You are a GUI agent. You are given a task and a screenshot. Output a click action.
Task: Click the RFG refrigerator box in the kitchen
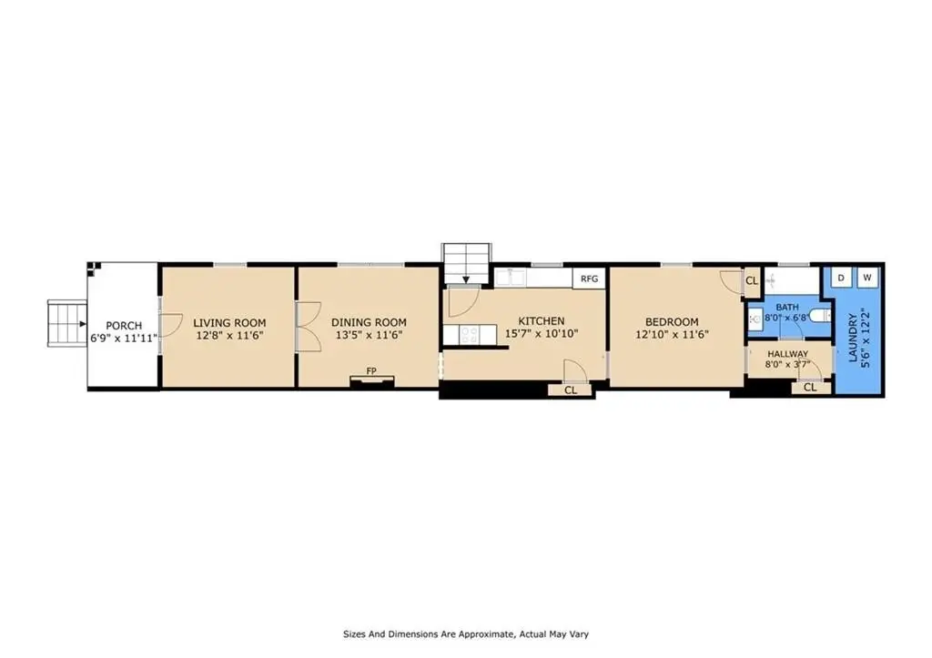pos(589,278)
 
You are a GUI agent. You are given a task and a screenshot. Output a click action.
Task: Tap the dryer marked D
pos(841,278)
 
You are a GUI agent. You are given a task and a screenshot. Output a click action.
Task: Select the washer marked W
pos(867,278)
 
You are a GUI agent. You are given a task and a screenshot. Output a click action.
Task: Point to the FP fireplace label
pos(371,371)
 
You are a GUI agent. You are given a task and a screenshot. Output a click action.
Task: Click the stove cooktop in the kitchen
pos(469,335)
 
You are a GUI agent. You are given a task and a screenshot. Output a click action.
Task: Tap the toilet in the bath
pos(820,315)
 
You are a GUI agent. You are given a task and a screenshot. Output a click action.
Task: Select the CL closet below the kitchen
pos(571,390)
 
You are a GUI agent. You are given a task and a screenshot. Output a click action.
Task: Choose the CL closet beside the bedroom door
pos(752,280)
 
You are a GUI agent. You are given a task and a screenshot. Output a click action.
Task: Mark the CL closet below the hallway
pos(810,388)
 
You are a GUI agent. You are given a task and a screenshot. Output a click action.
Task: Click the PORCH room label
pos(124,326)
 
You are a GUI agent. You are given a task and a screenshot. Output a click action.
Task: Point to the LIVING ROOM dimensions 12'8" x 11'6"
pos(229,335)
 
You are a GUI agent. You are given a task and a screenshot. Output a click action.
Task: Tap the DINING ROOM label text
pos(370,322)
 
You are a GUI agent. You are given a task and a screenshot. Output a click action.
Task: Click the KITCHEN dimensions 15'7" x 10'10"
pos(542,334)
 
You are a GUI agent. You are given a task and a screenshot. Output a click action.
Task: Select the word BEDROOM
pos(672,322)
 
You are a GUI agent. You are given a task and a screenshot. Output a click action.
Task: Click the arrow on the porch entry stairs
pos(82,324)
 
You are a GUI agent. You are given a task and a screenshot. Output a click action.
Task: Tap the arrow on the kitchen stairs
pos(466,278)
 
